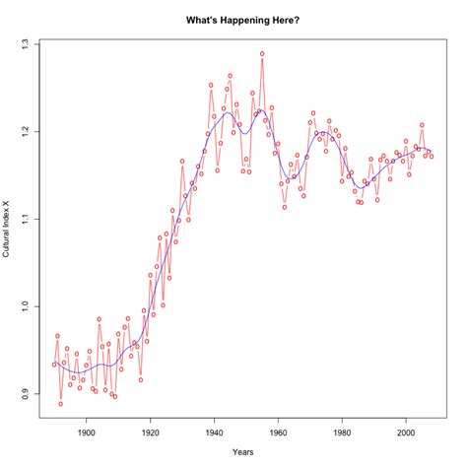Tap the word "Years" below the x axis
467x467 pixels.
point(242,451)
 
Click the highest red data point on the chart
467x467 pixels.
point(262,53)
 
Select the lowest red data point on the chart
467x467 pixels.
point(60,404)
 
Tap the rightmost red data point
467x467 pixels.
point(431,156)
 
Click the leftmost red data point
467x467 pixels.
point(54,365)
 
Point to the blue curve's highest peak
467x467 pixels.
point(229,113)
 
